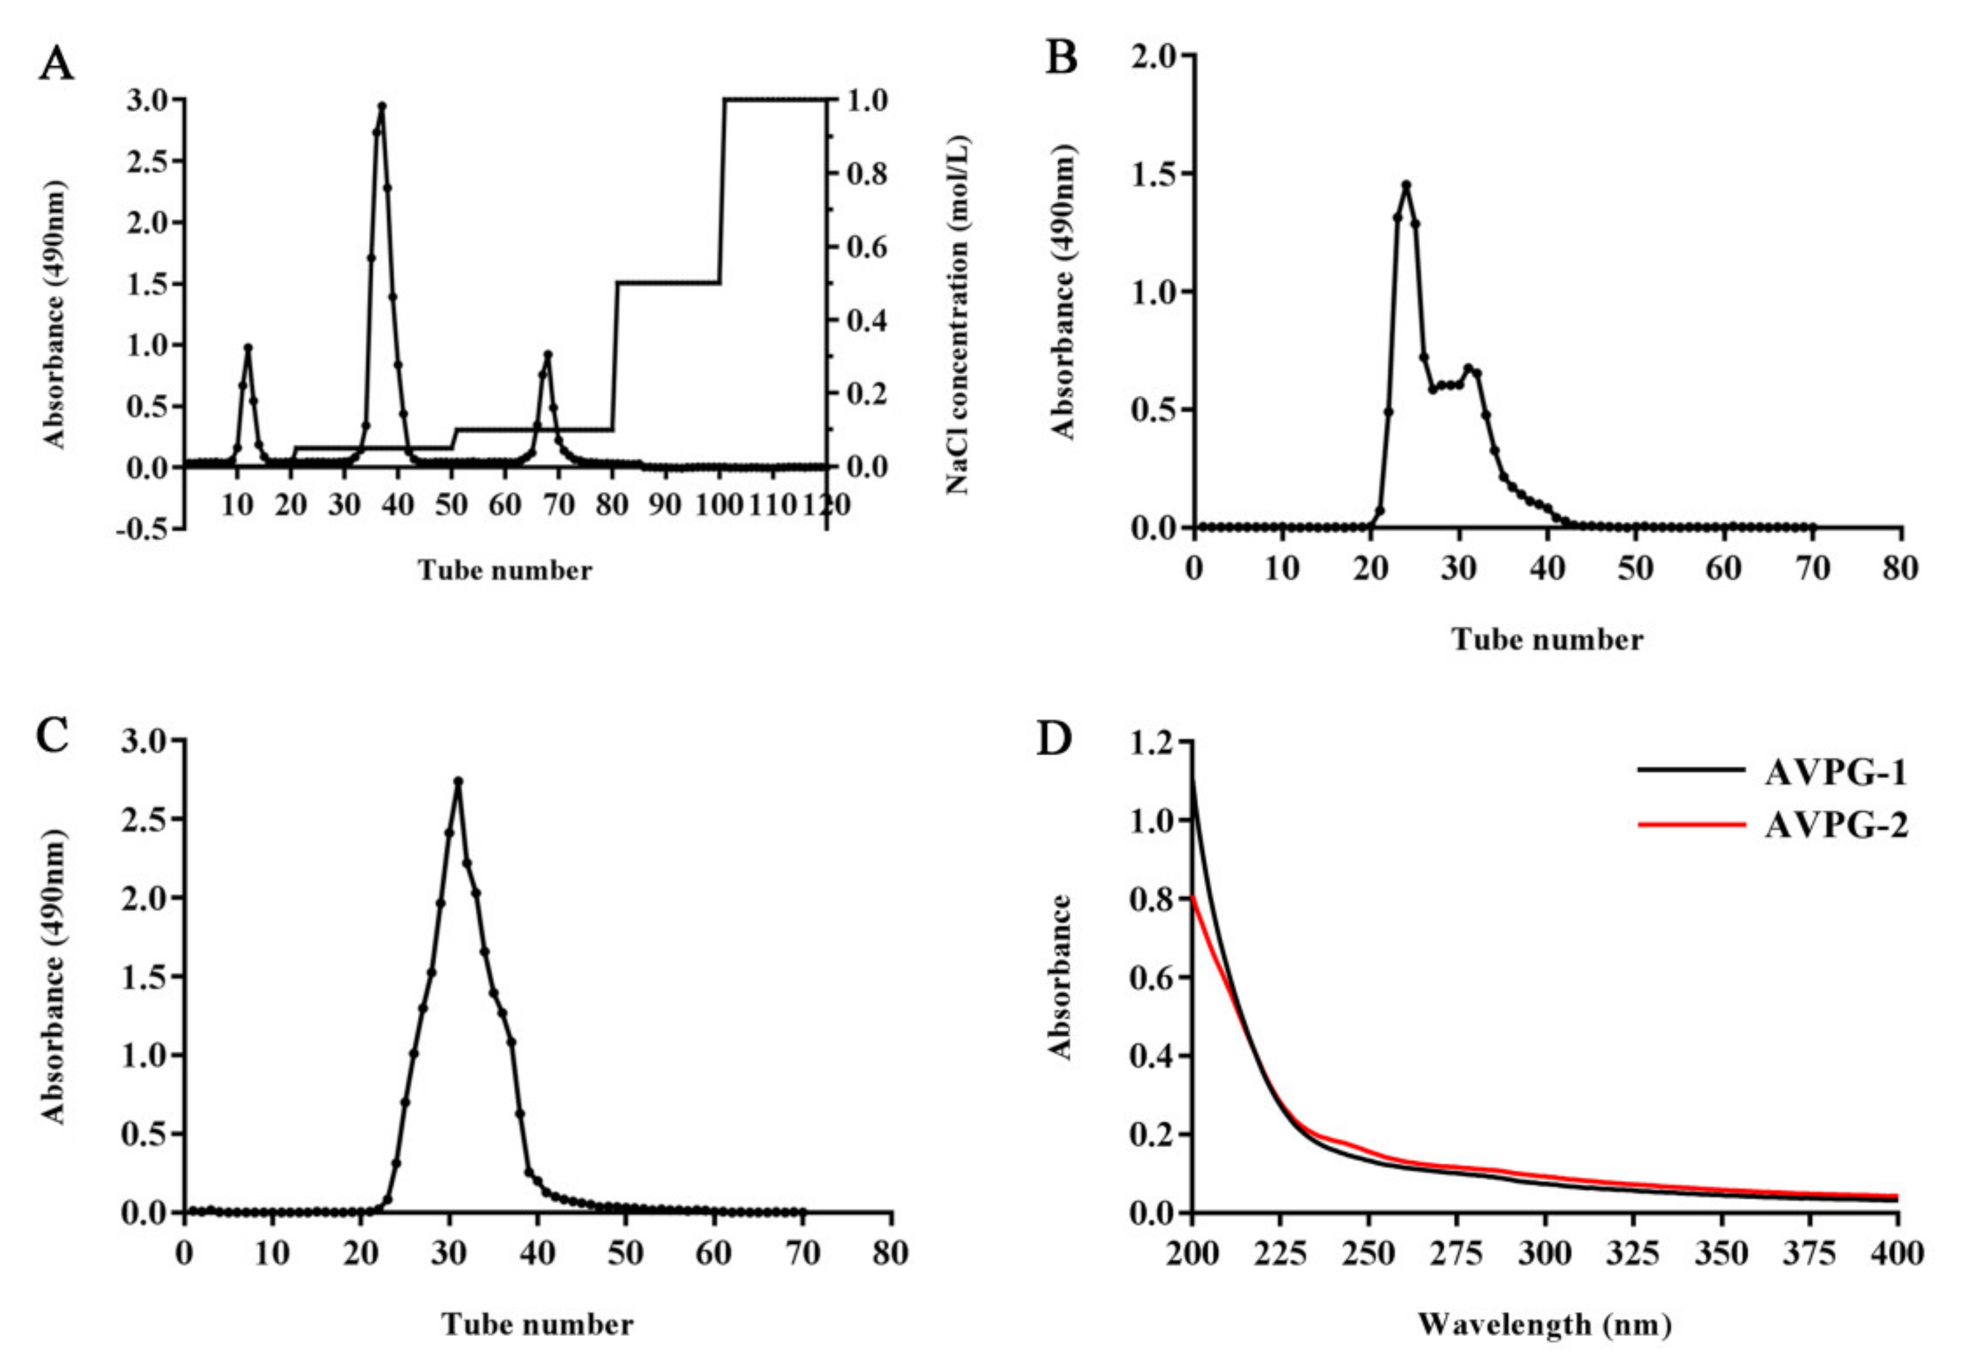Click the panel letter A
[56, 64]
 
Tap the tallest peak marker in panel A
[382, 106]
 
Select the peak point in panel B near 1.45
[1405, 184]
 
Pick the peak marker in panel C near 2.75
[458, 780]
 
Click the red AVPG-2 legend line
[1690, 825]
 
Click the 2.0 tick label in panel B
[1152, 56]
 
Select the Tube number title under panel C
[538, 1325]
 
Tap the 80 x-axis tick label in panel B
[1899, 568]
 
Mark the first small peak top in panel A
[248, 348]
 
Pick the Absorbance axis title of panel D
[1061, 976]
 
